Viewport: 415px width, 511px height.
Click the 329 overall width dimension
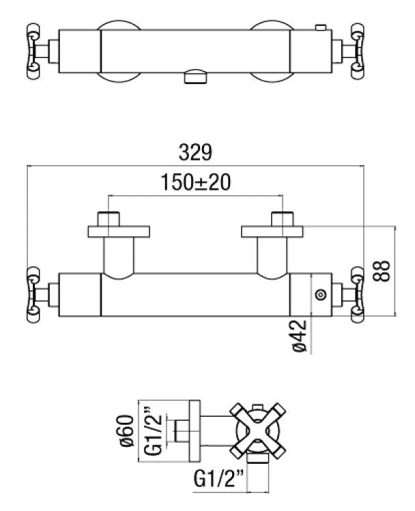tap(196, 150)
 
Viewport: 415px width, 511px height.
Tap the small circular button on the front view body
tap(320, 294)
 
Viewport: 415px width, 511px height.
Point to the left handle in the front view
tap(34, 294)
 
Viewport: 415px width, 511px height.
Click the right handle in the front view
tap(358, 294)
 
